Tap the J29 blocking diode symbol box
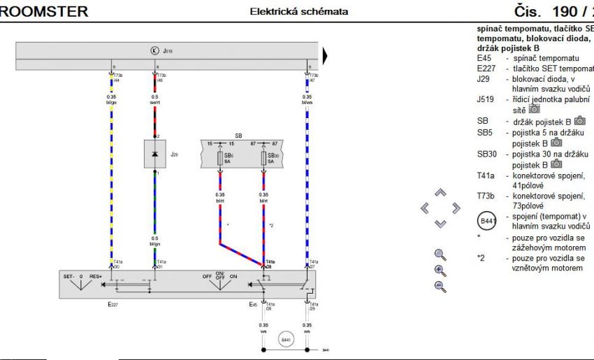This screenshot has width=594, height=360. click(154, 153)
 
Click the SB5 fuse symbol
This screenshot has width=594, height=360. click(220, 158)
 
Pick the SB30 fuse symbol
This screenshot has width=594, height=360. click(263, 158)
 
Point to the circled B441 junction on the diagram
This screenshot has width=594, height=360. click(285, 340)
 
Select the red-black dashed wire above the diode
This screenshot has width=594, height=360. click(154, 119)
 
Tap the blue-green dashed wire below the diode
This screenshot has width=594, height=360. click(154, 210)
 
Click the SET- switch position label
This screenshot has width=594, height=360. click(69, 277)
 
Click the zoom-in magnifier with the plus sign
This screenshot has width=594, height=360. click(440, 270)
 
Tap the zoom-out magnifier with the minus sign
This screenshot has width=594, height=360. click(440, 285)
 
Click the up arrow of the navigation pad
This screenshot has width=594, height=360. click(440, 192)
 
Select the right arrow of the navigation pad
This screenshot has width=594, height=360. click(456, 208)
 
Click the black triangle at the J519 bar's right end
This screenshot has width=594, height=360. click(325, 55)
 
